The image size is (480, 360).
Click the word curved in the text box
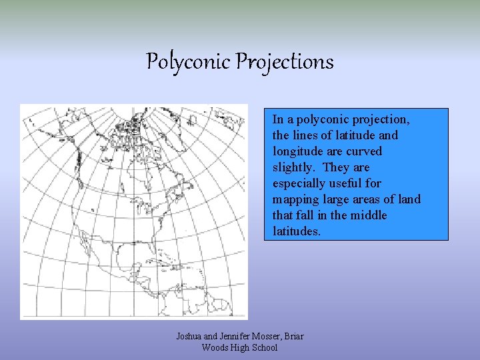(363, 151)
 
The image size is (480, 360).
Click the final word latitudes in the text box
(297, 231)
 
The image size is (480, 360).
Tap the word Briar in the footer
(293, 336)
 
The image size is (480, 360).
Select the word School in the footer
(263, 347)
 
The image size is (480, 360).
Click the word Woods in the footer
(215, 347)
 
